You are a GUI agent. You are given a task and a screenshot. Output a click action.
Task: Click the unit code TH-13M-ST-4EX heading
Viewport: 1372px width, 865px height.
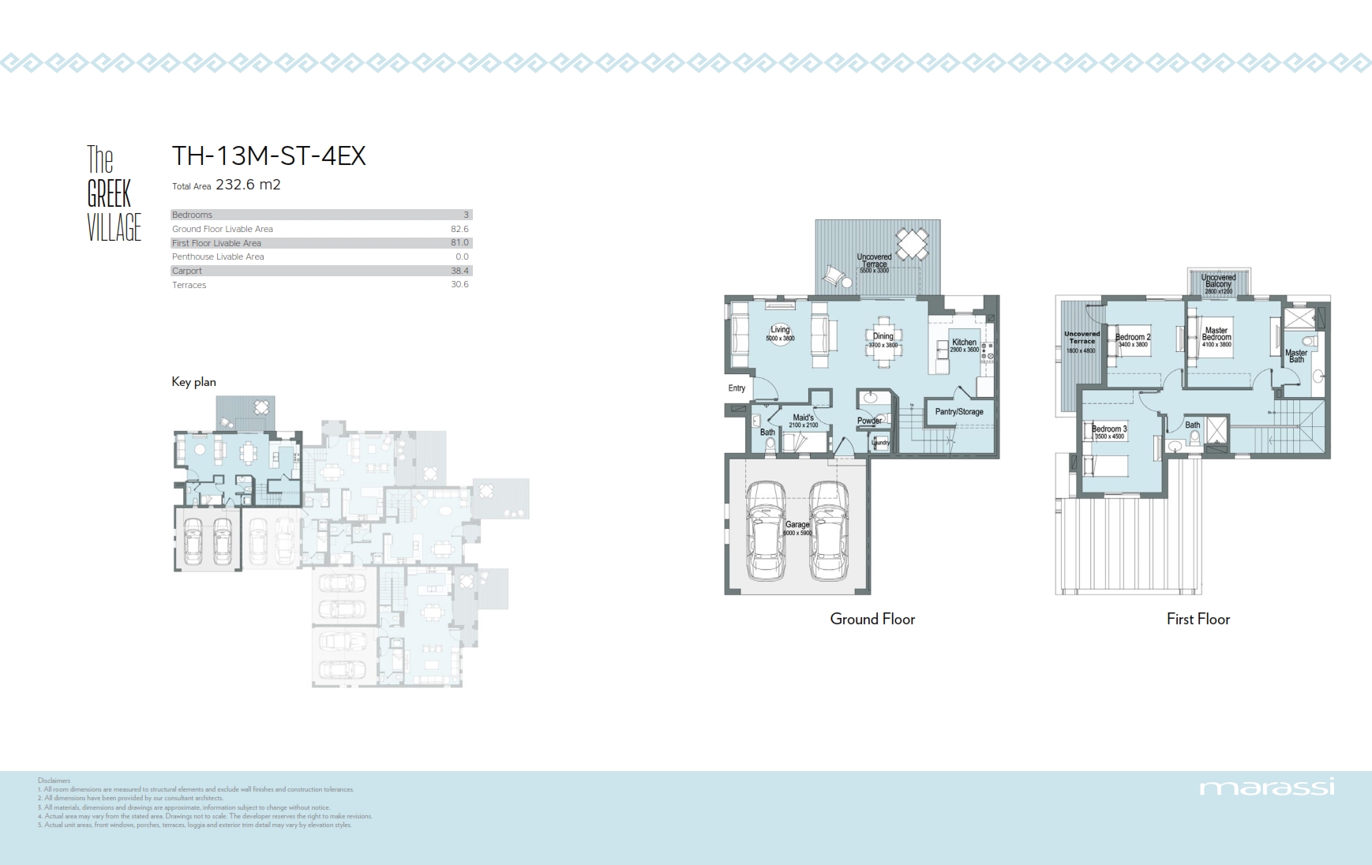268,156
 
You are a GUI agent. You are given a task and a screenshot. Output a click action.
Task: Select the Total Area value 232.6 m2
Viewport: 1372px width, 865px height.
248,185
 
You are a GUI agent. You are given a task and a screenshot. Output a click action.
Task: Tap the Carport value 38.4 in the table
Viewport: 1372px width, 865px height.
459,271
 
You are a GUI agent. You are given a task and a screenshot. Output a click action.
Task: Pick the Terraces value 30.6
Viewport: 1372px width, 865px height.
459,285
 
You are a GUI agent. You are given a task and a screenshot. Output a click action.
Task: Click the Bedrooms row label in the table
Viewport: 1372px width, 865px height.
193,215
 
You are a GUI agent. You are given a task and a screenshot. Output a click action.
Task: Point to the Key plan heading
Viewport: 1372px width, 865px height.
193,382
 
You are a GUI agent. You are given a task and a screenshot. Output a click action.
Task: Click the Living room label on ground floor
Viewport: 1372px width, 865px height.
780,330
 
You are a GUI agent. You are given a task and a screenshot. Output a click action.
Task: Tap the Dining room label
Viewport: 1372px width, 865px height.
883,336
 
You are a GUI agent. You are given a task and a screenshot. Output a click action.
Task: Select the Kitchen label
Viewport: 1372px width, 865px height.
964,343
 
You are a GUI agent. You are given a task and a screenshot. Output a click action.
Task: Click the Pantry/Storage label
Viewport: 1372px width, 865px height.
959,412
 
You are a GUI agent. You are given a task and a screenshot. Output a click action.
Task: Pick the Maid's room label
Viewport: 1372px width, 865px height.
803,418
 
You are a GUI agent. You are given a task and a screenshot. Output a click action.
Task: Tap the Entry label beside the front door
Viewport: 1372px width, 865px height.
737,388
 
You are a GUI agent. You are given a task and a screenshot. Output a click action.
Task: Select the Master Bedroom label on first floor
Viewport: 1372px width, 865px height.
1216,334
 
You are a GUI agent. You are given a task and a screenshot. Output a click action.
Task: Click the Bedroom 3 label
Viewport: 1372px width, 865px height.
1109,429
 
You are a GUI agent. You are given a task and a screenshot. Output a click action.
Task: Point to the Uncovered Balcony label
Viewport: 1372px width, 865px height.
1218,281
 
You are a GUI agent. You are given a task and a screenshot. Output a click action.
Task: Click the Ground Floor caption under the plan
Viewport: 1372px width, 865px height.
872,620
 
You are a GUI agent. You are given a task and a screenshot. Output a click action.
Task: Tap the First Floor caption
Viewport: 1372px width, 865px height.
1198,620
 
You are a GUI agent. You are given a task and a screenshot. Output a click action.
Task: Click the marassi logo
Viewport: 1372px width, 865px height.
1266,788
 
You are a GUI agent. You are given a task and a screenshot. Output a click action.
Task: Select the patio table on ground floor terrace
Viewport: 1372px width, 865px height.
913,244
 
